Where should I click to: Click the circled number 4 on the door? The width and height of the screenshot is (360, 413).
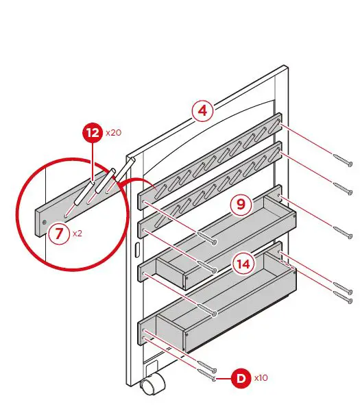[x=202, y=111]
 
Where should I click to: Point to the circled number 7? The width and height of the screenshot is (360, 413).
[x=59, y=234]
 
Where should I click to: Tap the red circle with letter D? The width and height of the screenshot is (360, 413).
[x=241, y=377]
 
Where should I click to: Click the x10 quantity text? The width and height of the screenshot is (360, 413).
[x=261, y=378]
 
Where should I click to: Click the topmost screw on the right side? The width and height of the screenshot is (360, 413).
[x=343, y=161]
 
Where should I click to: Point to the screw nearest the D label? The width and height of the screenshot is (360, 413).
[x=208, y=375]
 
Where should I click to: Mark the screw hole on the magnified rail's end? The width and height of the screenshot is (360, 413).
[x=45, y=223]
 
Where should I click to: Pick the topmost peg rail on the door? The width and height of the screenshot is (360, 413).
[x=209, y=160]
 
